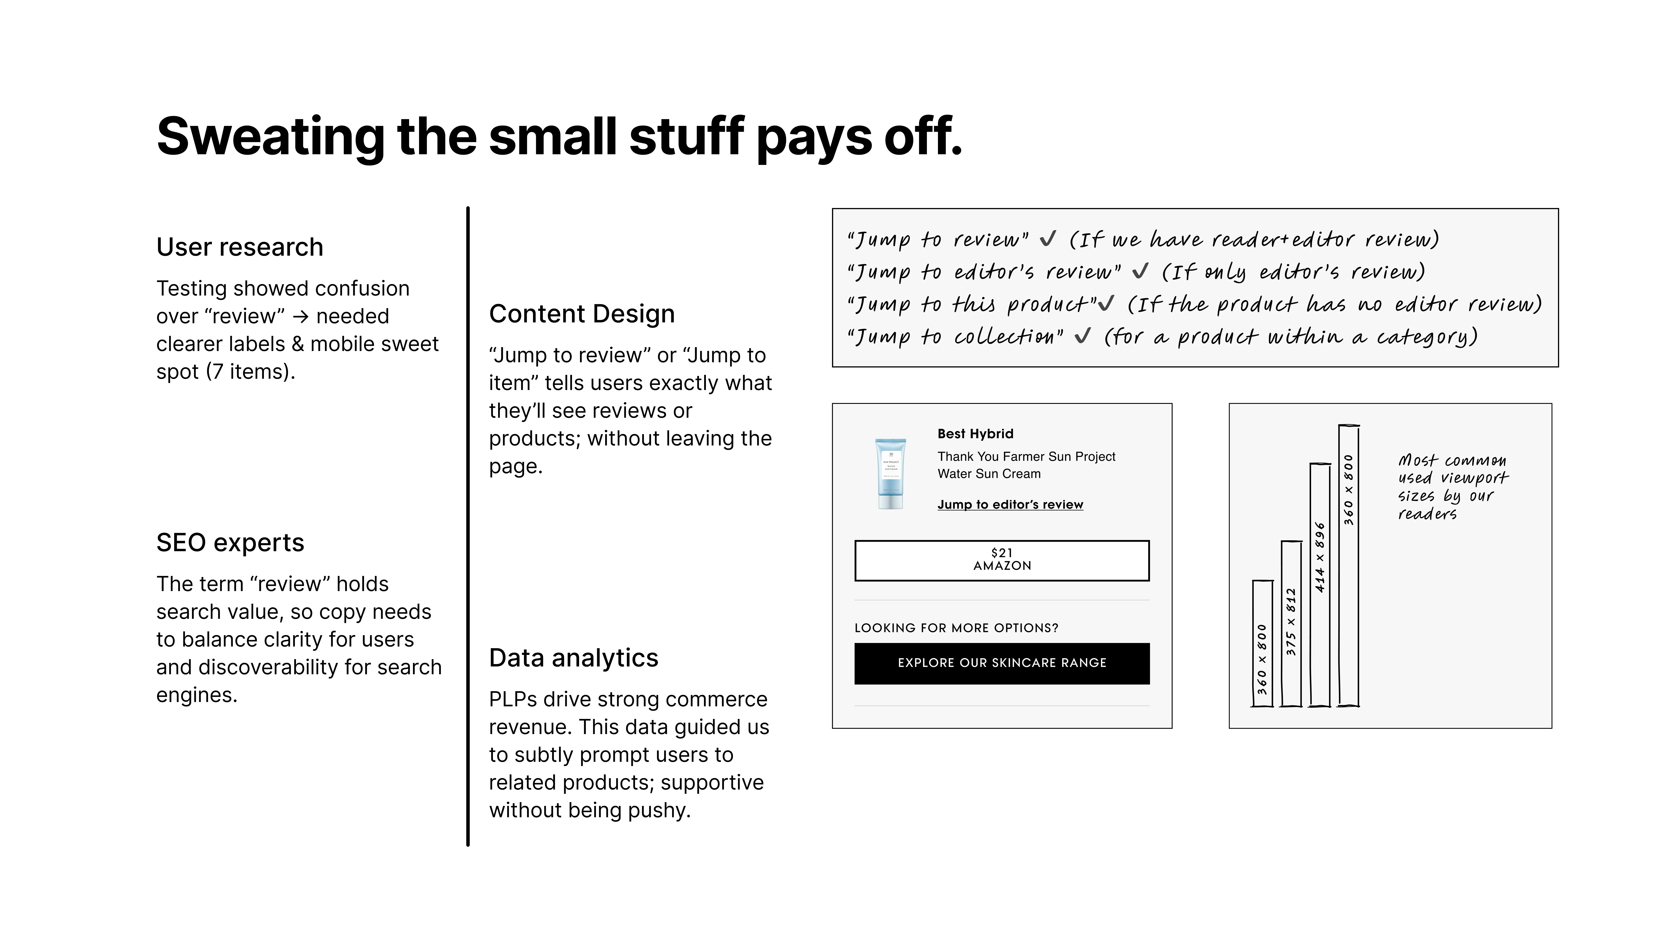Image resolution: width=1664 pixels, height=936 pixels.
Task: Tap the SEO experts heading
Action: tap(230, 543)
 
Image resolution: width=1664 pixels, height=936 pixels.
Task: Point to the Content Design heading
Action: tap(582, 314)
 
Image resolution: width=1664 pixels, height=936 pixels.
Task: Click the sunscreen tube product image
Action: tap(891, 473)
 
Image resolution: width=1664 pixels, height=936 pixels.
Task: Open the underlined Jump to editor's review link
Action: tap(1010, 504)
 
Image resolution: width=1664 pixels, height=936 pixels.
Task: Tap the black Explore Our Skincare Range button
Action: tap(1002, 663)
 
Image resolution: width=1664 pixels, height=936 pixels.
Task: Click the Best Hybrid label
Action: tap(975, 433)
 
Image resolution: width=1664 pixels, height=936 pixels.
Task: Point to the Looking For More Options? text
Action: tap(956, 628)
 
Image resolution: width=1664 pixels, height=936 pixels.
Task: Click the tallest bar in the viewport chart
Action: tap(1349, 565)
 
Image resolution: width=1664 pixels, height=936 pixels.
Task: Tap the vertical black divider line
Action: tap(468, 526)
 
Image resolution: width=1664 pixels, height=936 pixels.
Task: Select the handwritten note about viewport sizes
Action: tap(1453, 486)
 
